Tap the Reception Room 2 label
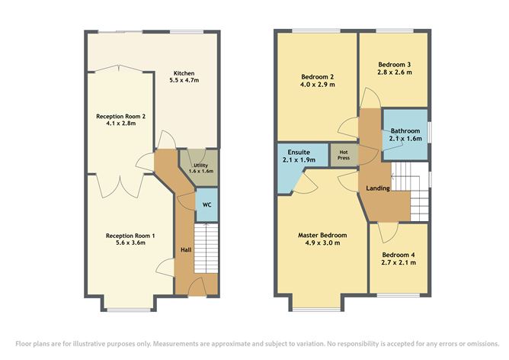120,117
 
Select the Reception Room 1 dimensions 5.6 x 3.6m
130,243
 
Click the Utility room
200,168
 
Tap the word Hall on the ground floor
186,249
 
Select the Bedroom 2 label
317,78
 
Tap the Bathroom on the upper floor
405,134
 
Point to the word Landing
378,188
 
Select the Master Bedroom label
322,235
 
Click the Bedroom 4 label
399,254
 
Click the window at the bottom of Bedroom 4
398,295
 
